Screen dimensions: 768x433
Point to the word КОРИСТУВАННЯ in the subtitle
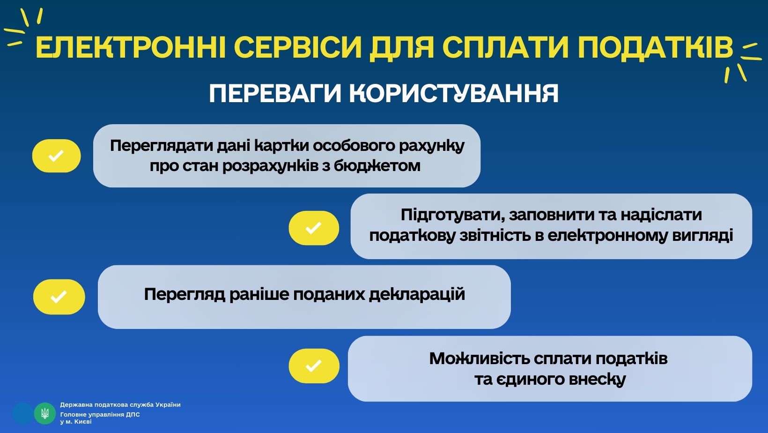[x=454, y=93]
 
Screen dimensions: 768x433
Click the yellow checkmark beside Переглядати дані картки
[x=56, y=156]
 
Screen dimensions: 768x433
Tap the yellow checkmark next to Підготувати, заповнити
[x=314, y=228]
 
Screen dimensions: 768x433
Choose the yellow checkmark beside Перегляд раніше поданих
[x=59, y=297]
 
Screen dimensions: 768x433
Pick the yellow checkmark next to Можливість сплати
[x=314, y=366]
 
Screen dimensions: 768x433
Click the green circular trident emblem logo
[x=44, y=413]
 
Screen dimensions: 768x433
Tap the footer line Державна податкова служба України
[x=120, y=405]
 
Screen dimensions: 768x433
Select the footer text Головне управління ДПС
[x=100, y=414]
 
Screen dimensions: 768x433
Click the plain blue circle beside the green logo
[x=23, y=413]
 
